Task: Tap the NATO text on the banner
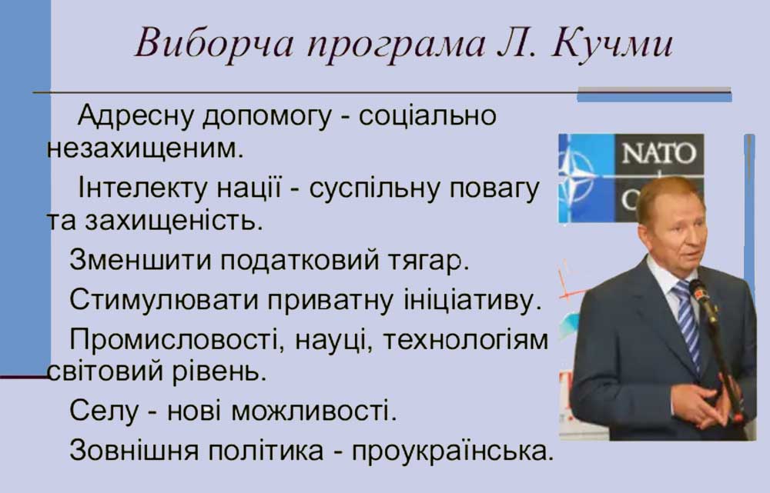tap(658, 153)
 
